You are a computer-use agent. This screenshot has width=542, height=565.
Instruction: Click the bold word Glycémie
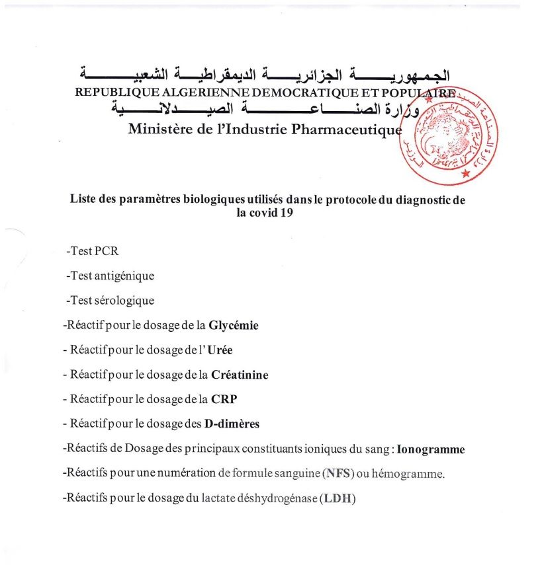(x=233, y=325)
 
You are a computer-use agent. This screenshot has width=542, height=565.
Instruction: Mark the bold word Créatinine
(x=240, y=375)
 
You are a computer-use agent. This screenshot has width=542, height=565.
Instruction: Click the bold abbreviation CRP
(x=224, y=399)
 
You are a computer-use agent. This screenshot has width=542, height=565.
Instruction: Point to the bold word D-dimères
(x=231, y=424)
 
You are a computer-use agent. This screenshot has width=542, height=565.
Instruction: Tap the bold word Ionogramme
(x=431, y=449)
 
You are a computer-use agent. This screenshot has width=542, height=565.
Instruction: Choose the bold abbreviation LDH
(x=338, y=498)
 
